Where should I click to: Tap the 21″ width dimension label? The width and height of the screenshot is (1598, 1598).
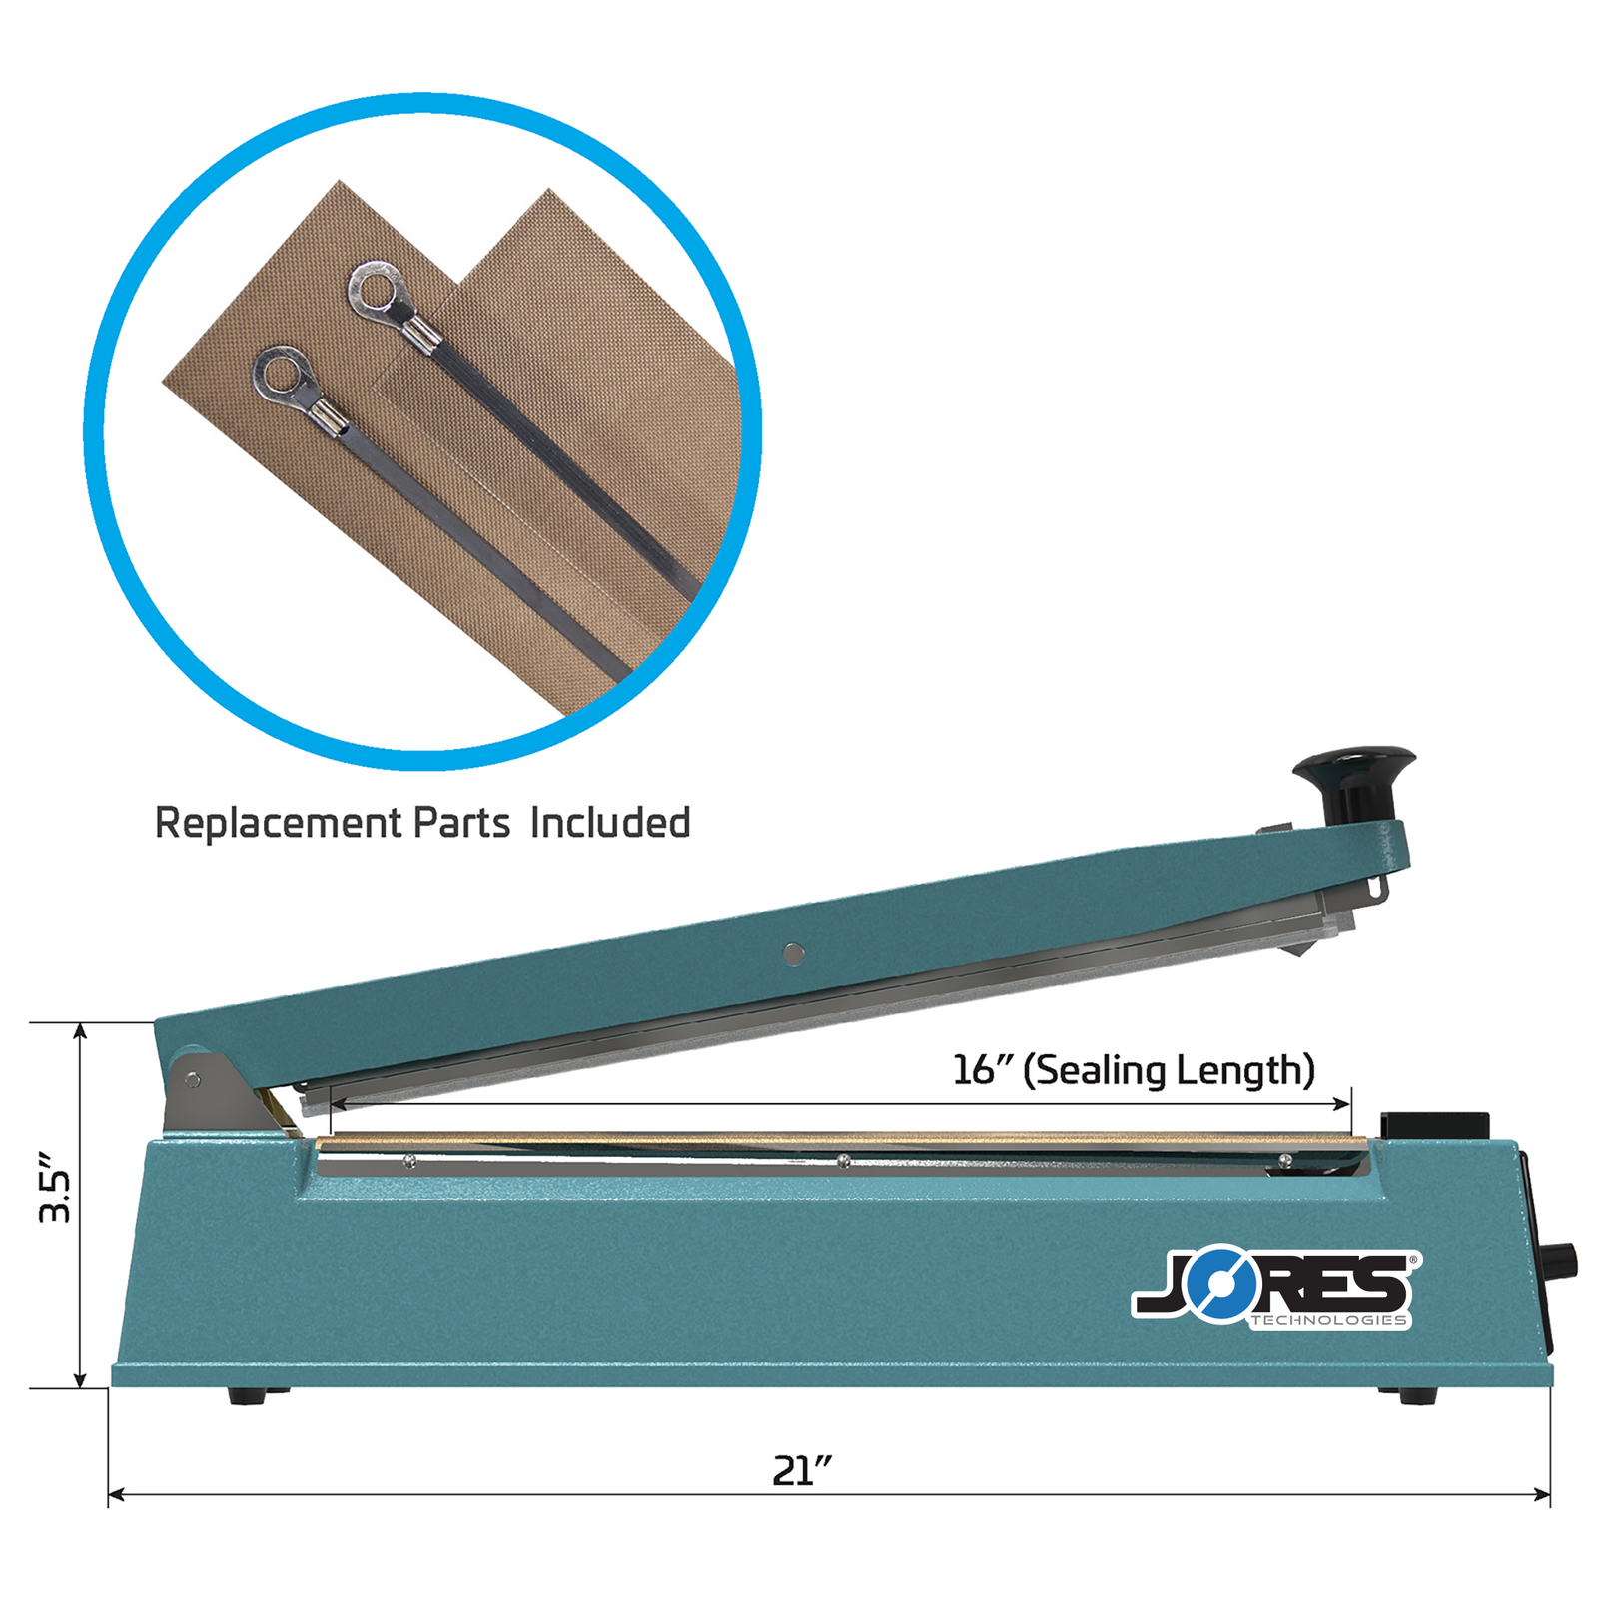pos(801,1470)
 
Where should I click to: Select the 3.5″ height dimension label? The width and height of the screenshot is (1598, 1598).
pos(56,1188)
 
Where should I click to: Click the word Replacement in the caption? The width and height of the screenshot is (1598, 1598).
pos(278,823)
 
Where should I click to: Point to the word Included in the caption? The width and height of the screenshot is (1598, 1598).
pos(610,823)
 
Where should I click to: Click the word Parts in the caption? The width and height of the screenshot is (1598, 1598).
pos(461,823)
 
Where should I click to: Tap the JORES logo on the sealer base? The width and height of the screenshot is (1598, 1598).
pos(1275,1286)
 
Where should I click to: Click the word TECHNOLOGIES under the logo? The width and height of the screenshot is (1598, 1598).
pos(1328,1320)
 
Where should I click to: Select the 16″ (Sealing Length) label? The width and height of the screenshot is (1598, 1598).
pos(1133,1070)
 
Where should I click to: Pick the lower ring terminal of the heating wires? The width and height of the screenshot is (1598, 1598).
pos(283,375)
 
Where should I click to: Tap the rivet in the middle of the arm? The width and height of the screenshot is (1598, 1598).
pos(794,954)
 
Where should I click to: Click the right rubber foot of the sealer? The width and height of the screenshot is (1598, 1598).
pos(1406,1396)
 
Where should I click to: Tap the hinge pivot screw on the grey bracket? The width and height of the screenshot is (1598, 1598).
pos(192,1079)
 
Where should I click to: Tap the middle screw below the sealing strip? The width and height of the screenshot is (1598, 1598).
pos(844,1160)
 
